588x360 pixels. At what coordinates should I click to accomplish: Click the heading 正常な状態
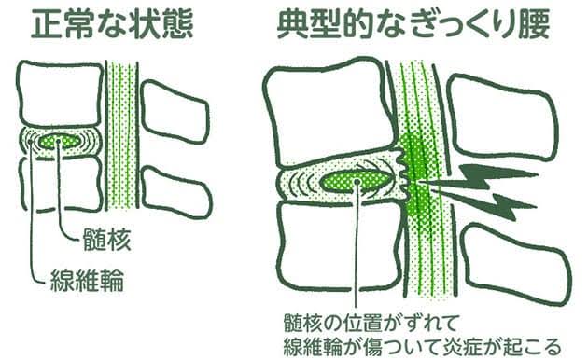(x=112, y=23)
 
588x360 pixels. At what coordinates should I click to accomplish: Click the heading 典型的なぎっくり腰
(x=413, y=23)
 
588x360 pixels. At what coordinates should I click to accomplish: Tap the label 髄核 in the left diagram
(x=106, y=240)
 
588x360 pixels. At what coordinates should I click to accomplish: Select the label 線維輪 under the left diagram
(x=87, y=280)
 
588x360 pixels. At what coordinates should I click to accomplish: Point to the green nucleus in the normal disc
(x=60, y=141)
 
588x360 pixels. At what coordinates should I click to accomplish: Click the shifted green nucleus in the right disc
(x=355, y=181)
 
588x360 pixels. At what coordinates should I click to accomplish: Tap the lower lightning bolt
(x=487, y=204)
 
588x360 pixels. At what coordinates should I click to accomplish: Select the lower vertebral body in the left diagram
(x=61, y=184)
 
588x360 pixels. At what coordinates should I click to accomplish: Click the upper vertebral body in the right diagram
(x=330, y=112)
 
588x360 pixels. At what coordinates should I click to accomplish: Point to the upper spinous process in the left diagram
(x=175, y=112)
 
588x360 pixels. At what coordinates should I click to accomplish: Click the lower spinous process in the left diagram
(x=176, y=192)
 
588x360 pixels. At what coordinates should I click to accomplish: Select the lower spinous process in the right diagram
(x=515, y=263)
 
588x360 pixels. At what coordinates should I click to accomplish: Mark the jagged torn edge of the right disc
(x=400, y=173)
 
